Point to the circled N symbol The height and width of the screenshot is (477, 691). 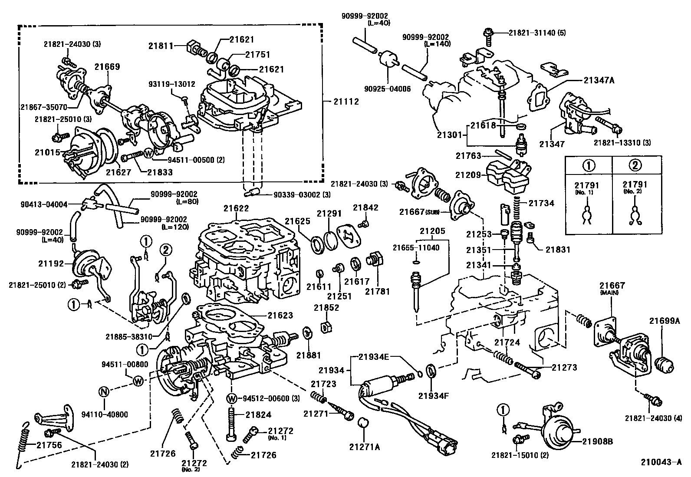coord(103,392)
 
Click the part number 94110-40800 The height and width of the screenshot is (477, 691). coord(105,414)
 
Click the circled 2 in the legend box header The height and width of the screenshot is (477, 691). coord(635,165)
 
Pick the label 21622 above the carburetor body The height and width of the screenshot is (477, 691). coord(236,208)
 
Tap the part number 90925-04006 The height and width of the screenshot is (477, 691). coord(388,89)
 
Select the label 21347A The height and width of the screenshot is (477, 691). coord(599,80)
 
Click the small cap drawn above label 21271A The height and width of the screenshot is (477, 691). coord(362,422)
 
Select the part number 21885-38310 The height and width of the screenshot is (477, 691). coord(129,336)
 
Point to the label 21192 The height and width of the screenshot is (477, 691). coord(51,263)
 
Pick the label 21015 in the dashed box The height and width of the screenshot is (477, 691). coord(47,152)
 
